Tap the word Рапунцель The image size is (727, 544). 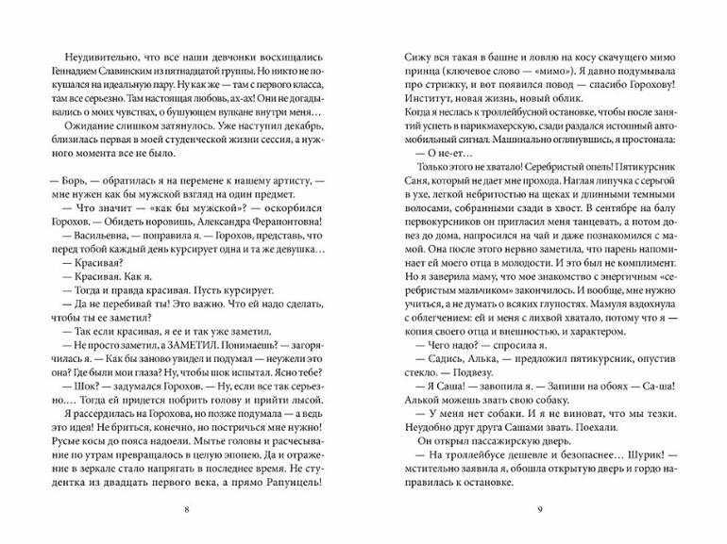(x=284, y=483)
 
